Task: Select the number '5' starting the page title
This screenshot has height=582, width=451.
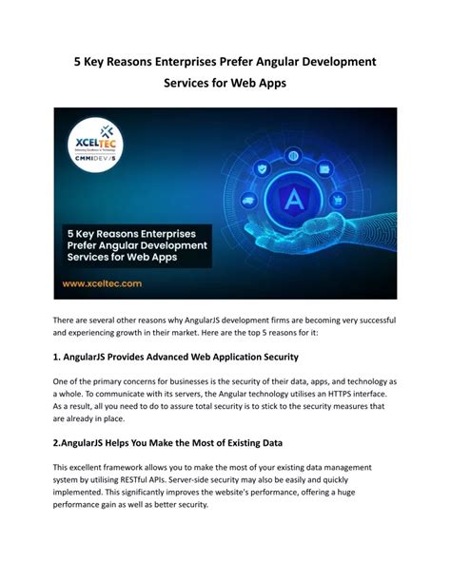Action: click(x=80, y=61)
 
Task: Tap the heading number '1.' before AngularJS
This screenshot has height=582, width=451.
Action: click(x=58, y=357)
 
